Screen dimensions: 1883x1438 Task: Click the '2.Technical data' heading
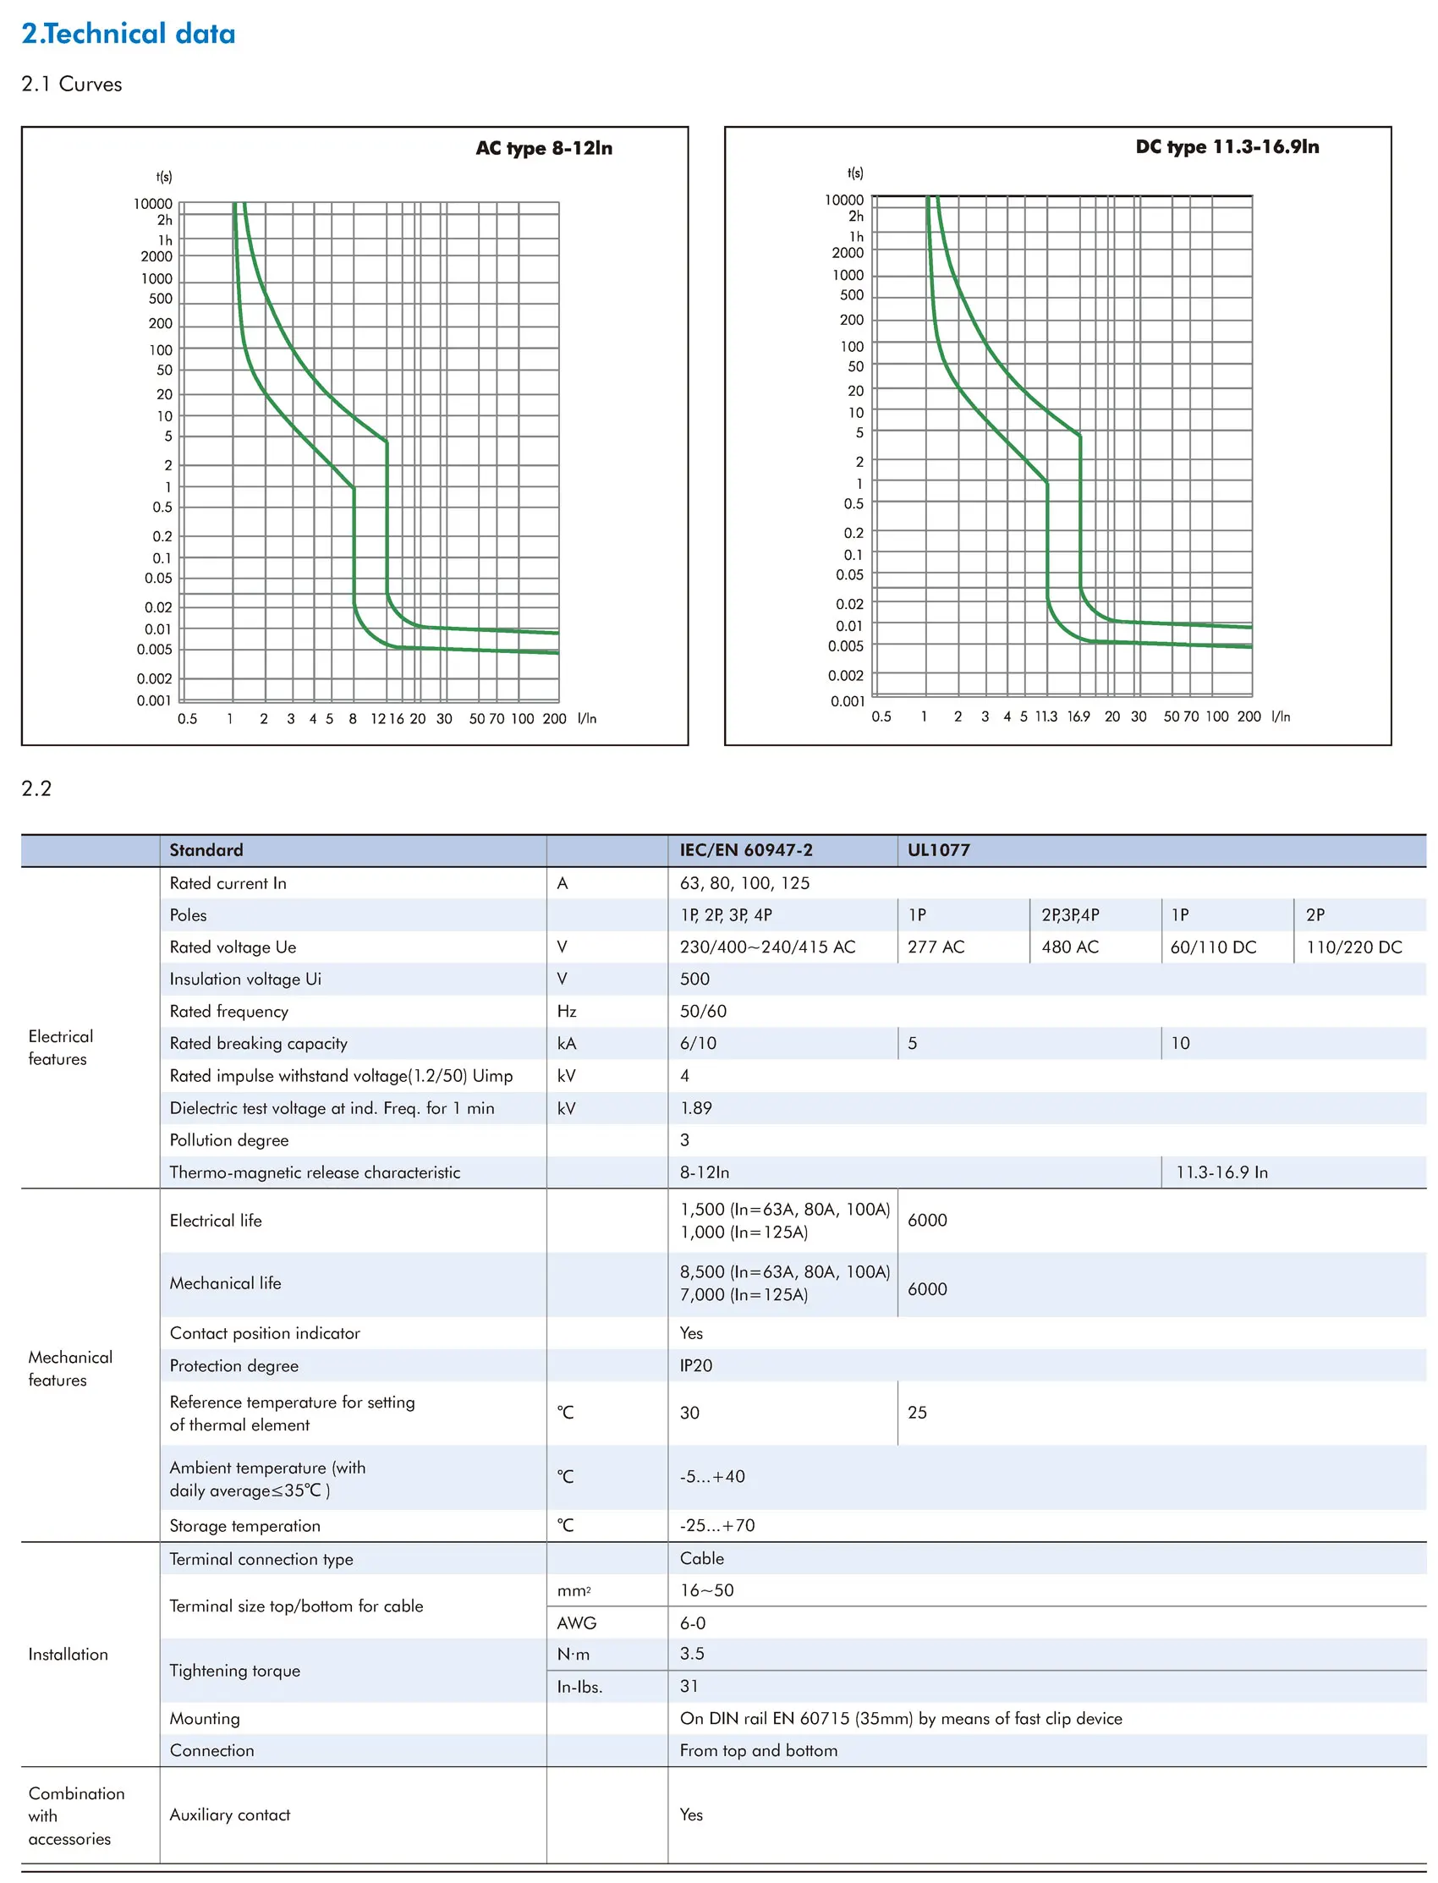(129, 33)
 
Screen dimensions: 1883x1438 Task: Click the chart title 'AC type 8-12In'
(544, 148)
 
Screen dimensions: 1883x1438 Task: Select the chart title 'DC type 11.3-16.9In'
(1227, 146)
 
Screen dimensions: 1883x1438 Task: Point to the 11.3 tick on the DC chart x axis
(1046, 716)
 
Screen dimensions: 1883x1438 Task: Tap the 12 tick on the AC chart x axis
(377, 719)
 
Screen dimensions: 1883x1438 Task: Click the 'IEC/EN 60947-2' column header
(745, 850)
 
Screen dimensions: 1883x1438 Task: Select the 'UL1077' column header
(938, 850)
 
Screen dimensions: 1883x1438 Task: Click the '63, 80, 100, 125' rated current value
(744, 883)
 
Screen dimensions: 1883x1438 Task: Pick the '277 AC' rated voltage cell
(936, 947)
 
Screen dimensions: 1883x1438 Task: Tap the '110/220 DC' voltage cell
(1353, 947)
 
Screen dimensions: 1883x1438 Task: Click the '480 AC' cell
(1069, 947)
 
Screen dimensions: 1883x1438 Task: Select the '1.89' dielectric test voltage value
(695, 1107)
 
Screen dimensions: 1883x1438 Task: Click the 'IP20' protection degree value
(695, 1365)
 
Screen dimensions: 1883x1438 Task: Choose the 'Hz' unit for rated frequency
(566, 1011)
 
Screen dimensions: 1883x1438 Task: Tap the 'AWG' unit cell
(576, 1622)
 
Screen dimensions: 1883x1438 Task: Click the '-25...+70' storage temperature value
(716, 1525)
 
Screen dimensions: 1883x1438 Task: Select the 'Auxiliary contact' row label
(229, 1814)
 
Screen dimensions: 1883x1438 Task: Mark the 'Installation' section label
(68, 1655)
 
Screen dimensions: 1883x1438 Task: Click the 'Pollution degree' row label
(228, 1140)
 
